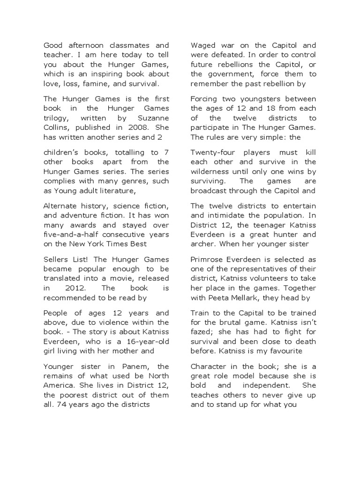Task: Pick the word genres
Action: click(x=133, y=181)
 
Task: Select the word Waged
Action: click(x=202, y=45)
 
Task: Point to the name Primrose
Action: click(x=207, y=259)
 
